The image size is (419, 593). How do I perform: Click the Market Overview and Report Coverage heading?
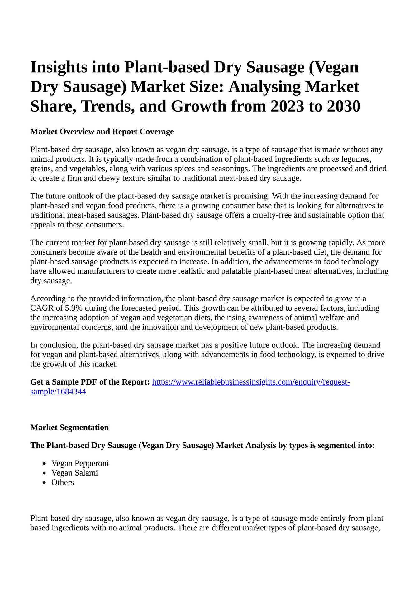102,132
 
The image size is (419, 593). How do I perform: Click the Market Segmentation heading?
69,427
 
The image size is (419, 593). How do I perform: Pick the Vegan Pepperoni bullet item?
80,463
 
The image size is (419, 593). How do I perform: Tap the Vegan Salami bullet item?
75,473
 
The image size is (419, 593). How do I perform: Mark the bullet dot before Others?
45,483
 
